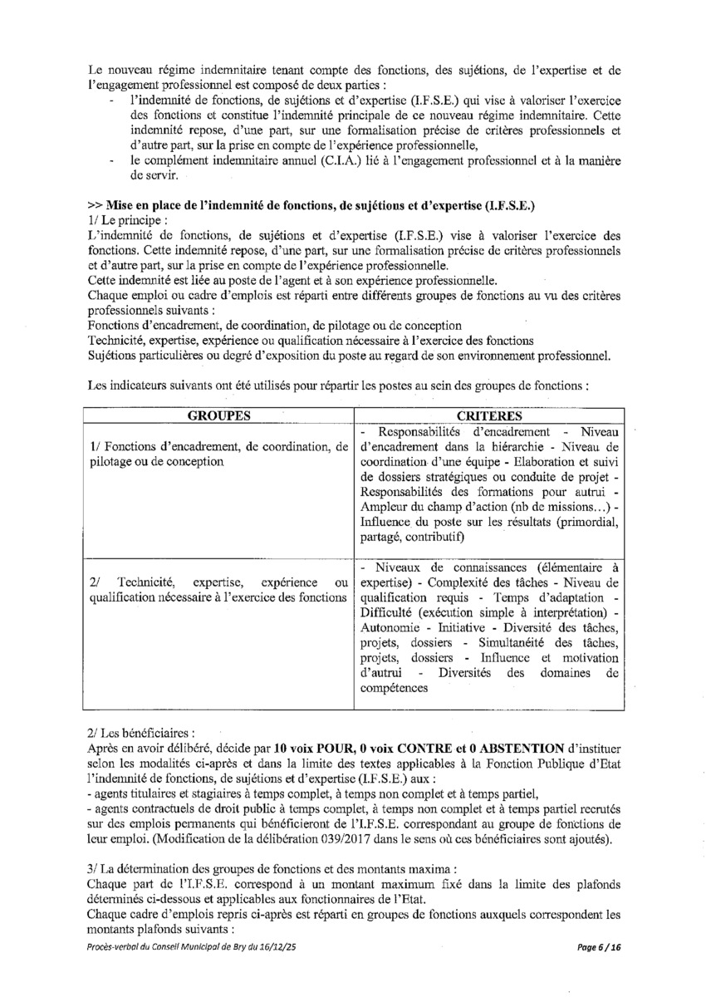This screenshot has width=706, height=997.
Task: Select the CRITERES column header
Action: [489, 415]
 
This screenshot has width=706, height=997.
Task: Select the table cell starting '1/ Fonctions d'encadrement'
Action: [218, 454]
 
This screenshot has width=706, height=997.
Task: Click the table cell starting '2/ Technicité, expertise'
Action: [218, 589]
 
